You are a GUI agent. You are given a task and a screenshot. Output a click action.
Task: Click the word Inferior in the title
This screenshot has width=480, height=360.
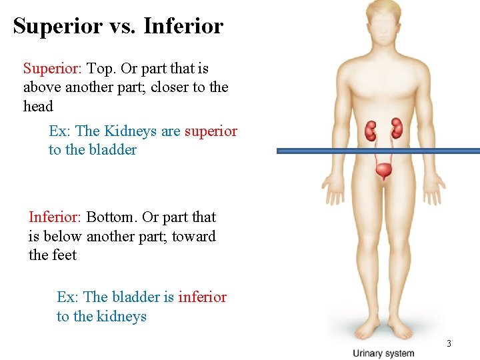point(183,26)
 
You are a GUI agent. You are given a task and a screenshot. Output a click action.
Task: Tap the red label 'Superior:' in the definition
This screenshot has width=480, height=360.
point(51,68)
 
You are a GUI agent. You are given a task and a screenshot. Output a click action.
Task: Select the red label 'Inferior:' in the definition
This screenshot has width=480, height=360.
point(55,217)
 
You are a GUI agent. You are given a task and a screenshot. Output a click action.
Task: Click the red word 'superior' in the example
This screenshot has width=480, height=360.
point(211,131)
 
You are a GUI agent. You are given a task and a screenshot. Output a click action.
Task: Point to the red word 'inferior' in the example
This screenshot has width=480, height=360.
point(202,297)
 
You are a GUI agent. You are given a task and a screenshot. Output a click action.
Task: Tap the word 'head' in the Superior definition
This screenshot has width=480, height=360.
point(38,107)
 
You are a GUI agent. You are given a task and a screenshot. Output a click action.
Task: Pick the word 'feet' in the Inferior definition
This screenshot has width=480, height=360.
point(63,255)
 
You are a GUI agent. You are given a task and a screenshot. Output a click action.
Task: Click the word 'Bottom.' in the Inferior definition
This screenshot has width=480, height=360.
point(111,217)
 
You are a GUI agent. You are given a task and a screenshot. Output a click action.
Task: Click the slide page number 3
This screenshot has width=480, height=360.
point(449,343)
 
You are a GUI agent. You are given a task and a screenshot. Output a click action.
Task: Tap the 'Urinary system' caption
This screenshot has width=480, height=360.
point(383,353)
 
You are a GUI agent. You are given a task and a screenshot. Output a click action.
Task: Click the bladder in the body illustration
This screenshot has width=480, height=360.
point(383,172)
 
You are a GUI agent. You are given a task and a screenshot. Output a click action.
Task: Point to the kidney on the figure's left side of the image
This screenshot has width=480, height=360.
point(371,131)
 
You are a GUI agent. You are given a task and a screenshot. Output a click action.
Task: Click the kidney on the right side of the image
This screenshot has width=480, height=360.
point(397,128)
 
